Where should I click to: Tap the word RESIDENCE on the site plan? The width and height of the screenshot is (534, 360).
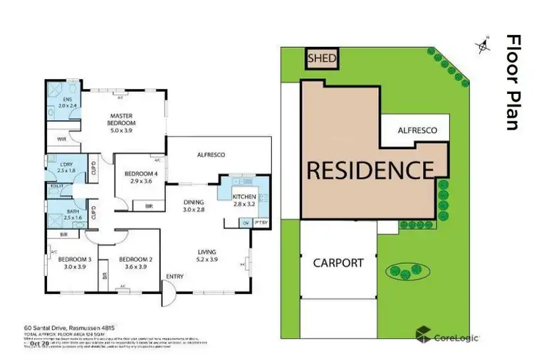coord(370,170)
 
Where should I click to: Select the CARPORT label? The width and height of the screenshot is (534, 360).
coord(338,263)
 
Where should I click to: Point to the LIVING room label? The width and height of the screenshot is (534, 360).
coord(208,256)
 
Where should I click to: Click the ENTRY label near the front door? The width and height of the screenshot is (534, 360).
coord(174,277)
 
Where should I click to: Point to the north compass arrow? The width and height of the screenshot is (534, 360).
coord(485,45)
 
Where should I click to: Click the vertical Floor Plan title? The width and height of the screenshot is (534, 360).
coord(512,82)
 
